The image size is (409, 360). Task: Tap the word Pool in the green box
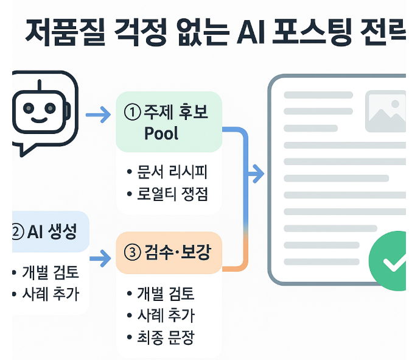click(x=161, y=133)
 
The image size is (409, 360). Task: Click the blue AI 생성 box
click(x=49, y=231)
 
